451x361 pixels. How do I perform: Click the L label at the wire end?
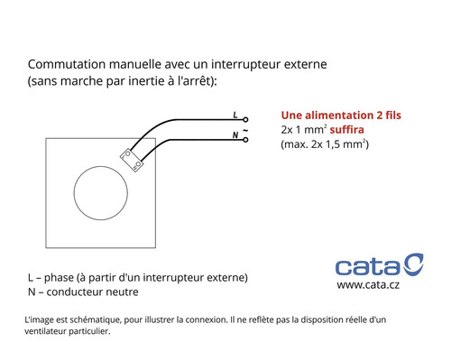click(235, 116)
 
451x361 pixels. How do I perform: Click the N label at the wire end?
click(235, 135)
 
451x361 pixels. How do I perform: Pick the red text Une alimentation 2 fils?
click(341, 116)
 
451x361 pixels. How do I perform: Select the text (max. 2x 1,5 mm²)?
click(326, 144)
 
